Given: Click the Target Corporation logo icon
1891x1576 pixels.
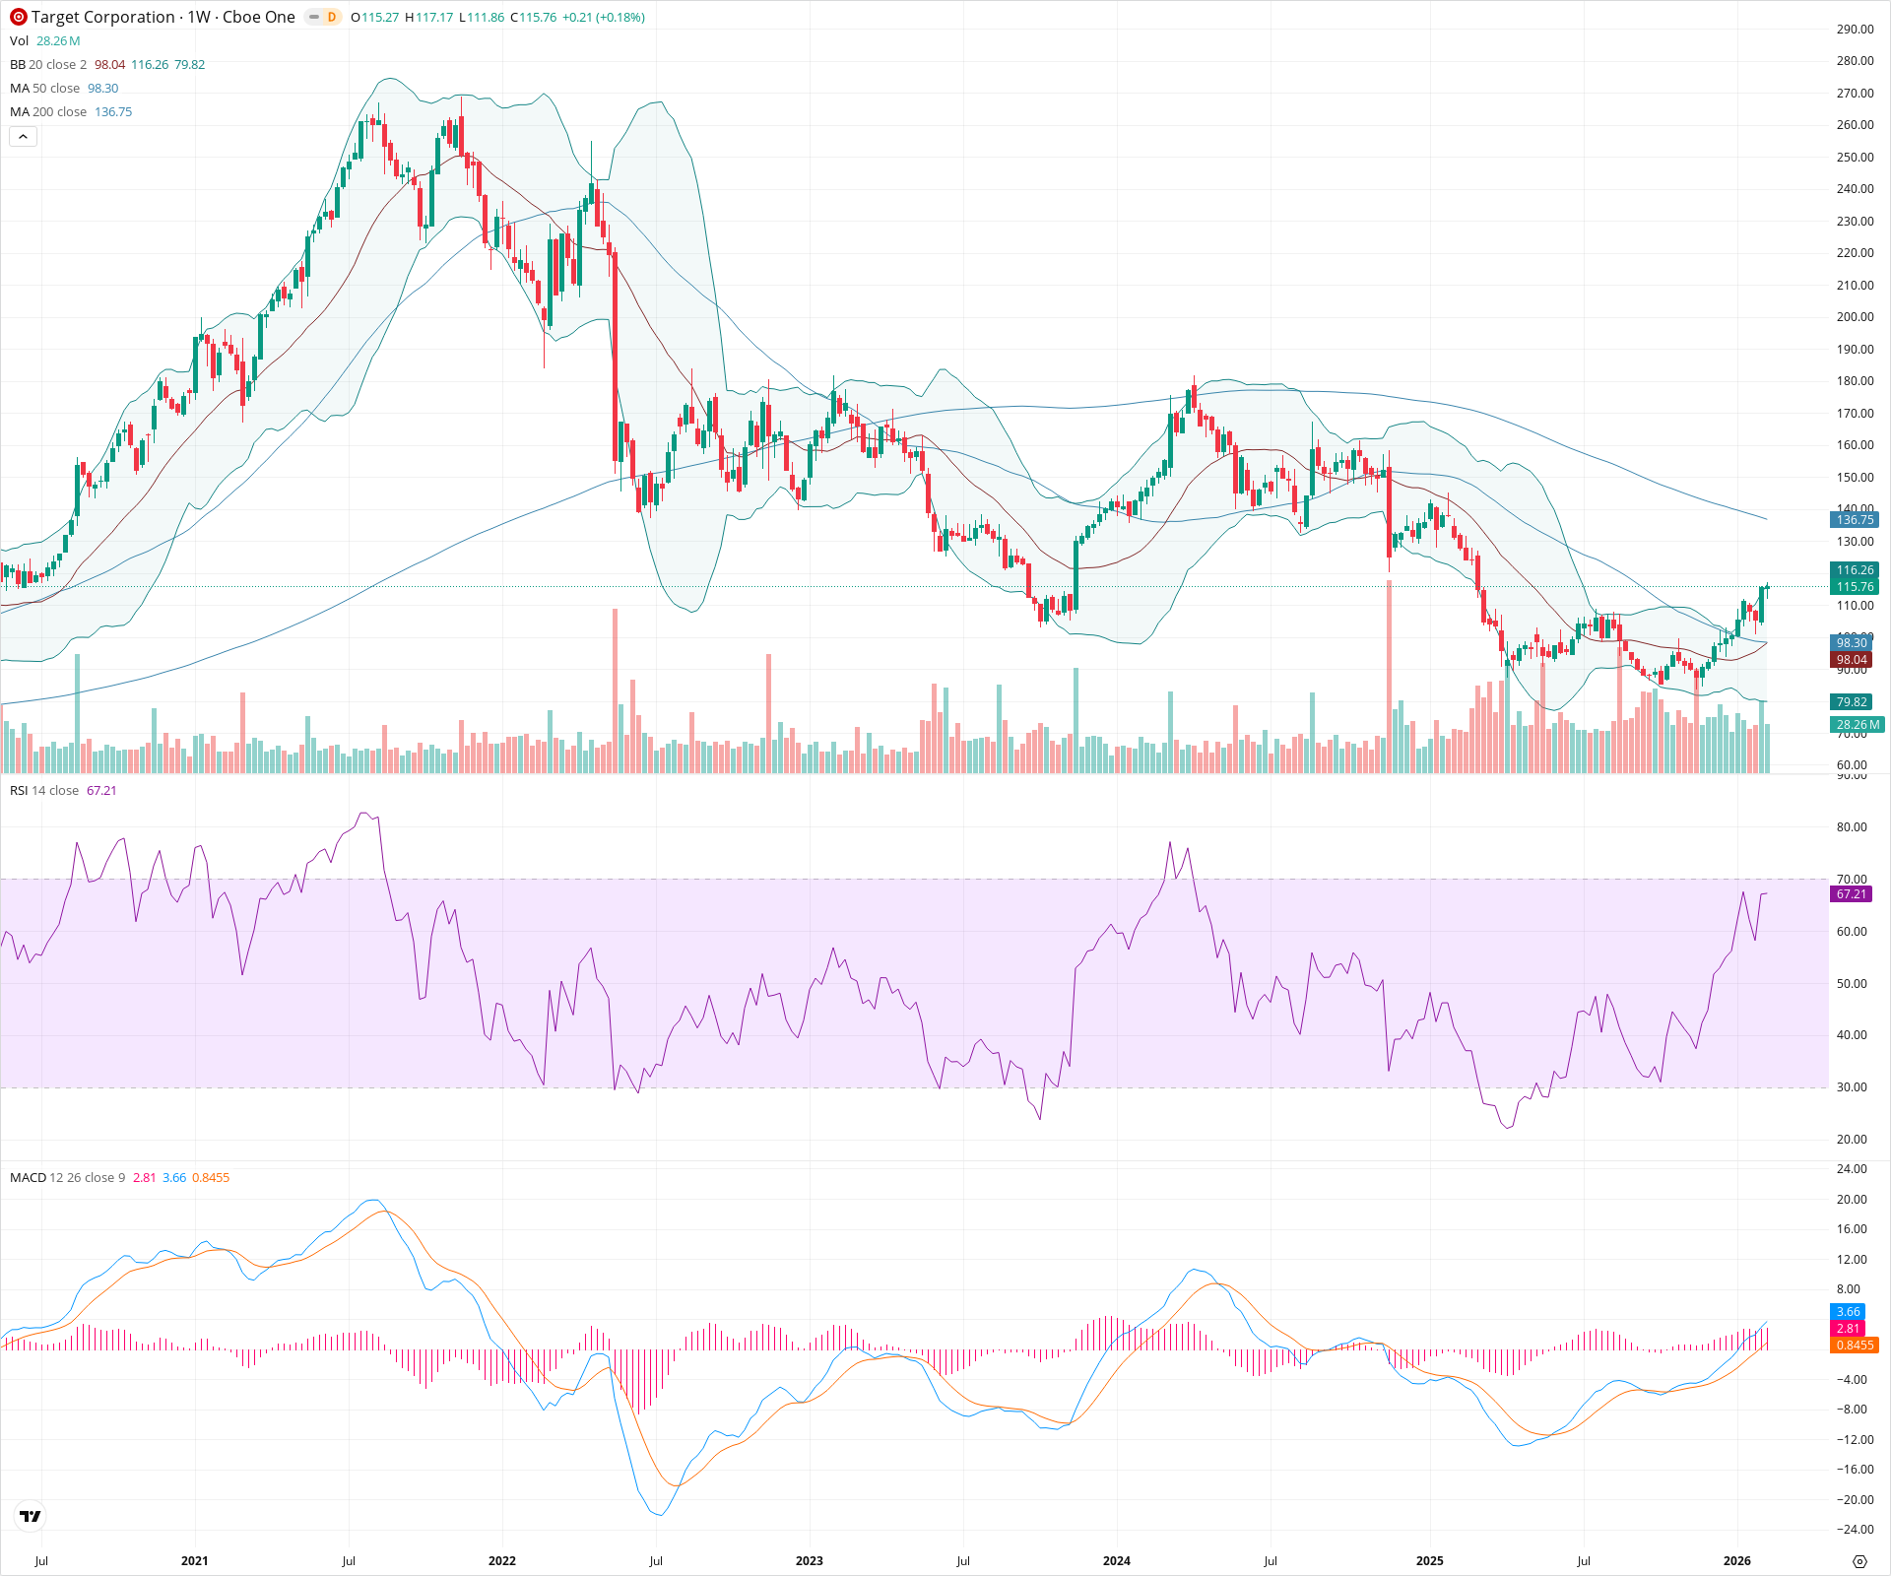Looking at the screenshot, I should pos(18,17).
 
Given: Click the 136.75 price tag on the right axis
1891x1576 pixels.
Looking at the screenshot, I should pos(1855,520).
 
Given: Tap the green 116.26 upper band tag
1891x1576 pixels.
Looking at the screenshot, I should pos(1855,570).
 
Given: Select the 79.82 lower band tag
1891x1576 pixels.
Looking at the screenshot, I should pos(1851,702).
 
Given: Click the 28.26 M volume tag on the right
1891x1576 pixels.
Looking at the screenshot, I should pos(1858,725).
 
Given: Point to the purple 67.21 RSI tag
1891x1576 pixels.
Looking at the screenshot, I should pos(1851,894).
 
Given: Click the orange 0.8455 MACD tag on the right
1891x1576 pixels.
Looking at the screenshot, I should pos(1854,1346).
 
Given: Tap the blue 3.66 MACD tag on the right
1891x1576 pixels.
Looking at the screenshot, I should pos(1848,1312).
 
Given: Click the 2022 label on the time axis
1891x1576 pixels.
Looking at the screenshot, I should pos(502,1561).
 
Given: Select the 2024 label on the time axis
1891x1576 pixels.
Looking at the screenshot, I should pos(1116,1561).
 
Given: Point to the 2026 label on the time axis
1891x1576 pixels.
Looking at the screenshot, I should pos(1736,1561).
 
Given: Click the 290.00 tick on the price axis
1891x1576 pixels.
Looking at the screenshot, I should pos(1855,30).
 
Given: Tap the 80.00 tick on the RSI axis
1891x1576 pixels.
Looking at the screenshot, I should pos(1852,827).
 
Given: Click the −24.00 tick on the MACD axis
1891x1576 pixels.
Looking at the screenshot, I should pos(1853,1530).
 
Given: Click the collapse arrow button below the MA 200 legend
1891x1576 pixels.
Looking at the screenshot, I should pos(23,137).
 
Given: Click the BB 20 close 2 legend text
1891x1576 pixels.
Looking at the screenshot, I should pos(48,65).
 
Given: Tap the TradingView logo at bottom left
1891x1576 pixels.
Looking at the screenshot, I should pos(31,1516).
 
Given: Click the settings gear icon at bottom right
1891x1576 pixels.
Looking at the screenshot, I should pos(1859,1562).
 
